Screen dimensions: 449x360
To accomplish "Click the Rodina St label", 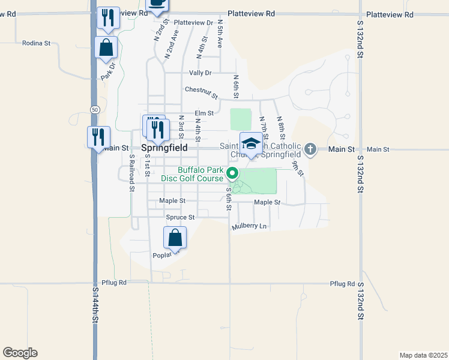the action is (37, 43).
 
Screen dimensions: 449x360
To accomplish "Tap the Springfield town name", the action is (164, 147).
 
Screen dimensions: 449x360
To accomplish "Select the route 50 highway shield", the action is (95, 109).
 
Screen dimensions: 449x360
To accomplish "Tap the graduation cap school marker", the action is (251, 144).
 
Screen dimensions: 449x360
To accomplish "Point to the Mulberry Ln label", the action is (249, 226).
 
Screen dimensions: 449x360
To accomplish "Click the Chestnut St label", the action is (201, 90).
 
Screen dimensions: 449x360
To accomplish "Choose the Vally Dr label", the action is (200, 73).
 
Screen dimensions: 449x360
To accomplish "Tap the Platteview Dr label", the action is (193, 23).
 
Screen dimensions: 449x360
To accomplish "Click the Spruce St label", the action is (180, 217).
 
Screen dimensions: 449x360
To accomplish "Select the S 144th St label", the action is (95, 305).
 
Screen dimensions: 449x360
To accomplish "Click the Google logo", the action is (20, 353).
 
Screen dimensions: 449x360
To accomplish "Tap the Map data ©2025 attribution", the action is (423, 355).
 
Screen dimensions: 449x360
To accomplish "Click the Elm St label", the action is (204, 113).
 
